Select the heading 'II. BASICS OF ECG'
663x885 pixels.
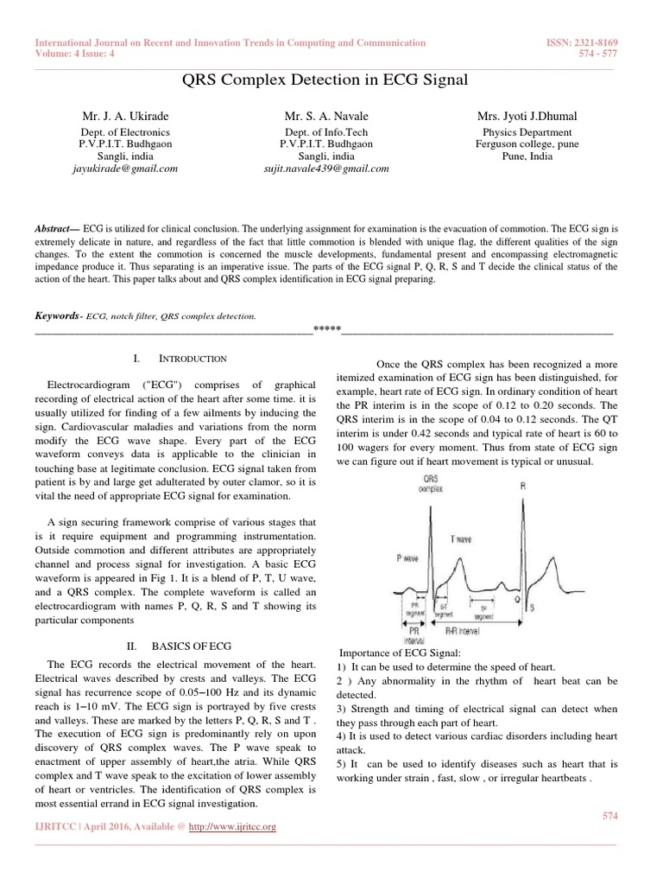(180, 646)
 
